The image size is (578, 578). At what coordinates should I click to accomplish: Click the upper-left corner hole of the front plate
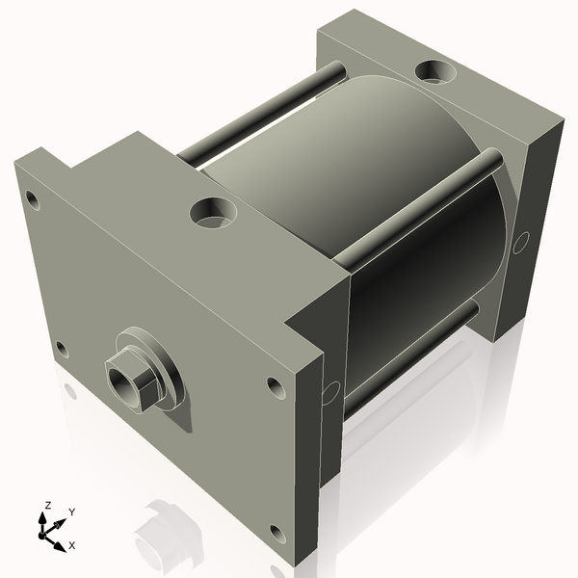[32, 200]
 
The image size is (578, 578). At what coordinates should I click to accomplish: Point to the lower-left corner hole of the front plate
[62, 348]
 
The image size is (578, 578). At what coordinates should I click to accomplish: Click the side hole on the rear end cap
[521, 241]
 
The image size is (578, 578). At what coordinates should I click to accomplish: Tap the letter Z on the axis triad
[47, 505]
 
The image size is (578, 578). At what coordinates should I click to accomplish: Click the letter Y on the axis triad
[71, 512]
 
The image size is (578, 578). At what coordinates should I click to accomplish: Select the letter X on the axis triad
[72, 545]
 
